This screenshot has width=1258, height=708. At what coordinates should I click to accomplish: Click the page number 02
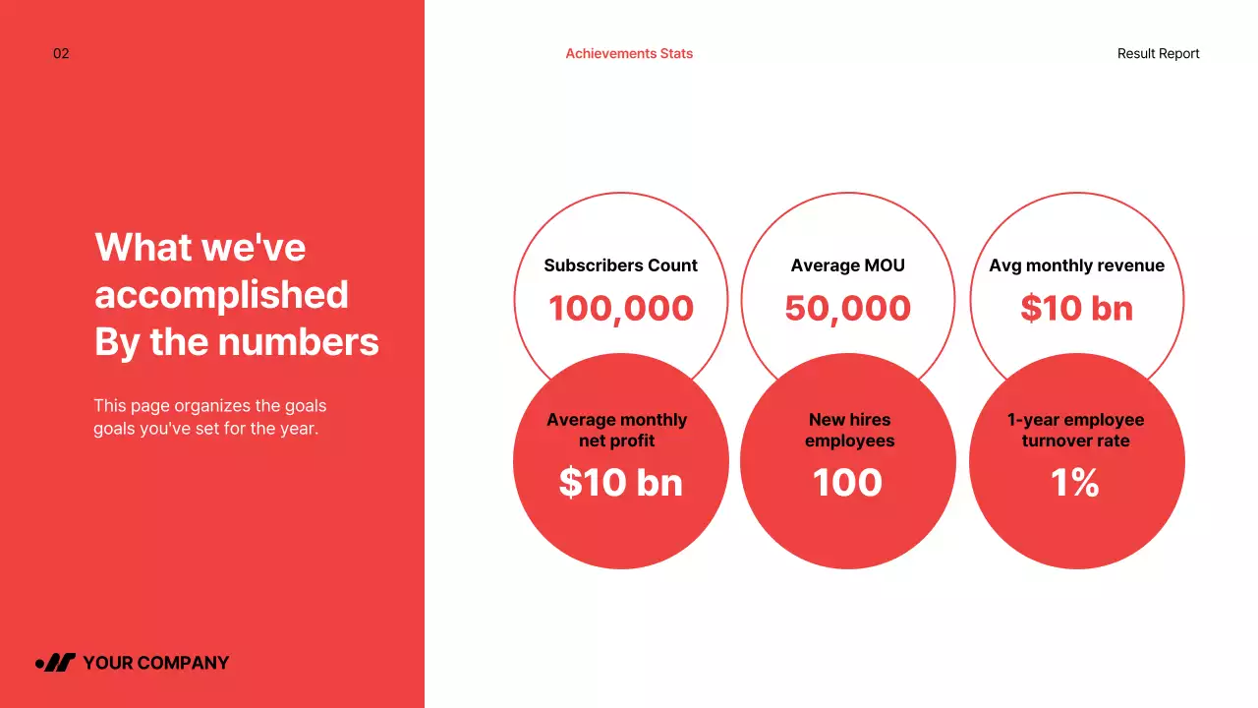pyautogui.click(x=61, y=54)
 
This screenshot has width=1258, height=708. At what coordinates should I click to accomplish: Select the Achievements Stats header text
pyautogui.click(x=629, y=54)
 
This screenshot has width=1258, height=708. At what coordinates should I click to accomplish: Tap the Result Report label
pyautogui.click(x=1158, y=54)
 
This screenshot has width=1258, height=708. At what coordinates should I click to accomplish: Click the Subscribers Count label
pyautogui.click(x=620, y=265)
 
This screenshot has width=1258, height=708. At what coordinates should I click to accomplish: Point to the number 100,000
pyautogui.click(x=620, y=309)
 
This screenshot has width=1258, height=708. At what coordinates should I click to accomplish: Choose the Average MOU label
pyautogui.click(x=847, y=265)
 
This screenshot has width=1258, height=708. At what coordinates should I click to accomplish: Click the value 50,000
pyautogui.click(x=847, y=309)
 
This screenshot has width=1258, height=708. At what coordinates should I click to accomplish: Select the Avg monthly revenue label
pyautogui.click(x=1076, y=265)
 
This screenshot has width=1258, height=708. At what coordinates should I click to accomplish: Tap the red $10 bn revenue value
pyautogui.click(x=1076, y=309)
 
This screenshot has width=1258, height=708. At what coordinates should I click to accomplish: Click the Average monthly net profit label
pyautogui.click(x=617, y=430)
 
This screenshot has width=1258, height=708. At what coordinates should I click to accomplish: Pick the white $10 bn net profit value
pyautogui.click(x=620, y=483)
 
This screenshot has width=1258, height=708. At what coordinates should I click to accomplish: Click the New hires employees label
pyautogui.click(x=849, y=430)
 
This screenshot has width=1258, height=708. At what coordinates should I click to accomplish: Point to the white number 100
pyautogui.click(x=847, y=483)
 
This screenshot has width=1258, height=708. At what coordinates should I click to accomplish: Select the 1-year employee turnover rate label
pyautogui.click(x=1075, y=430)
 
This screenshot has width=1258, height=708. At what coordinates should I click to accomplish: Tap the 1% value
pyautogui.click(x=1075, y=483)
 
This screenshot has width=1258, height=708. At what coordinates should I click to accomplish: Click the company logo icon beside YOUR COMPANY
pyautogui.click(x=56, y=663)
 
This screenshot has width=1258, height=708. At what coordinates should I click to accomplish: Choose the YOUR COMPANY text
pyautogui.click(x=155, y=663)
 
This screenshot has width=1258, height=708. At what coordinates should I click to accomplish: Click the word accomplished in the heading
pyautogui.click(x=221, y=295)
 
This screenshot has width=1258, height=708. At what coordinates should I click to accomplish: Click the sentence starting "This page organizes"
pyautogui.click(x=209, y=417)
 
